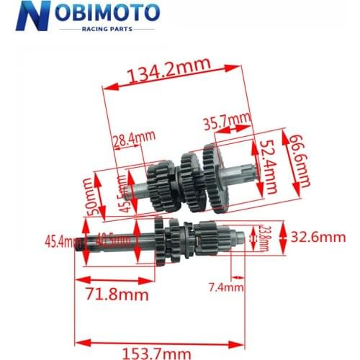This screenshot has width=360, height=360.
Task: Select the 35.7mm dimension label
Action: point(226,120)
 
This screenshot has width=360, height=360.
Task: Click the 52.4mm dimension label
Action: point(269,167)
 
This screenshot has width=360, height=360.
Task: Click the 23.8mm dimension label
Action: point(264,238)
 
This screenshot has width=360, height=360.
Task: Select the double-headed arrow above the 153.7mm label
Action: point(159,340)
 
